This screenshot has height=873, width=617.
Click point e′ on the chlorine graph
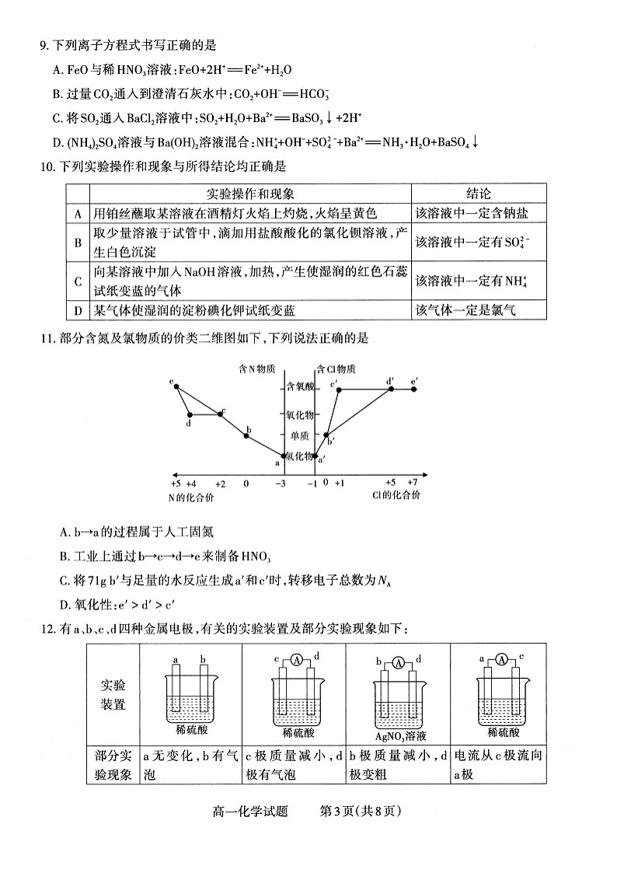tap(414, 389)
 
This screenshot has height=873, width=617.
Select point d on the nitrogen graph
tap(189, 414)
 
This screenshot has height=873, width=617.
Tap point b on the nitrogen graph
tap(246, 436)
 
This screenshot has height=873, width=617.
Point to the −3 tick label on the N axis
tap(281, 483)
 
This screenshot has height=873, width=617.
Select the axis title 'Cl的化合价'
tap(396, 495)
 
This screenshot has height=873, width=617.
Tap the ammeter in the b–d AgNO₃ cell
tap(398, 662)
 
